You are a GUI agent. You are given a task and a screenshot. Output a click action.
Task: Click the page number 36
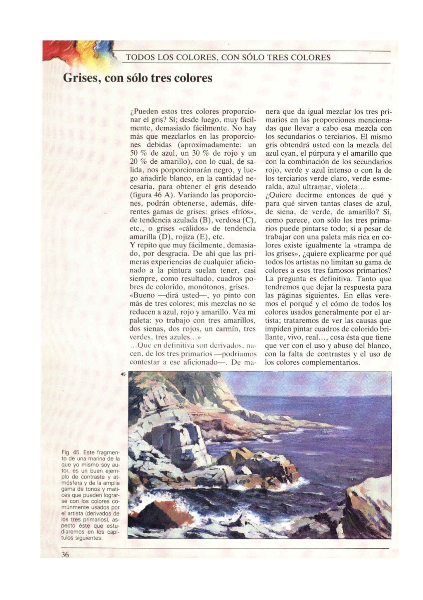click(65, 555)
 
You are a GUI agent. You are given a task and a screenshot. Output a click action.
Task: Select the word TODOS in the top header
click(139, 58)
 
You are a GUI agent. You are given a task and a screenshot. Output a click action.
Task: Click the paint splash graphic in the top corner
click(78, 54)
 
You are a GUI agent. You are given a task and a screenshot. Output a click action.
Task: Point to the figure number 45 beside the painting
click(123, 374)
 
